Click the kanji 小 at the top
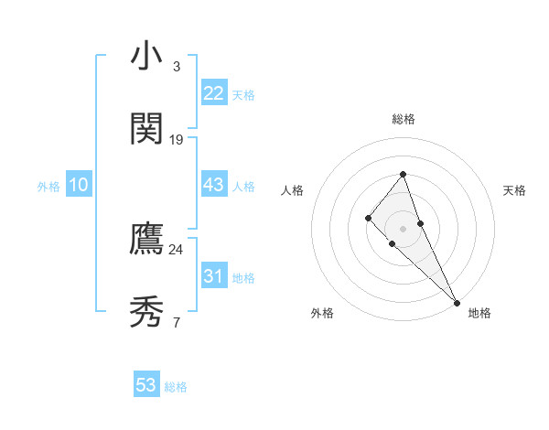click(146, 57)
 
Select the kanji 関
click(146, 129)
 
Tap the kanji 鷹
click(146, 239)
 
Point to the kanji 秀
click(146, 312)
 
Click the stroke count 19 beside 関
click(177, 140)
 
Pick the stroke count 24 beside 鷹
click(177, 249)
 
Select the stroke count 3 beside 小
click(177, 67)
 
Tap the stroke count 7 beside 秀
click(177, 322)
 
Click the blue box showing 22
click(214, 93)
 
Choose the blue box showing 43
click(214, 185)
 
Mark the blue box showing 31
click(214, 276)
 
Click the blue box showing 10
click(79, 185)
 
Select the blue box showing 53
click(146, 385)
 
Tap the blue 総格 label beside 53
click(176, 387)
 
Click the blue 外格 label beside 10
click(48, 187)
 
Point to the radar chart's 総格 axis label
click(404, 119)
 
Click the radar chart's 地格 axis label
click(479, 313)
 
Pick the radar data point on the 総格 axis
click(404, 174)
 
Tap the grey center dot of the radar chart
click(404, 228)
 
